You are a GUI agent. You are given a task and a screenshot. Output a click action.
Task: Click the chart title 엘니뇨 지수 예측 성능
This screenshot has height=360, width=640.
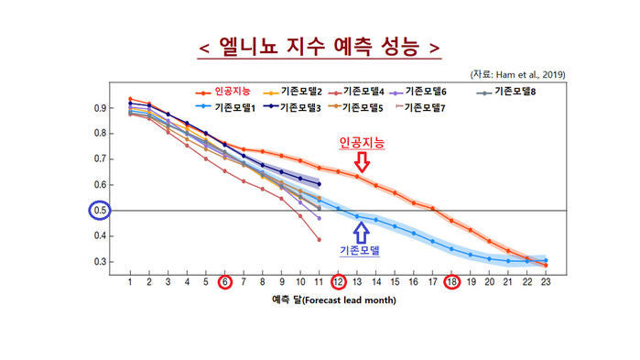(x=320, y=47)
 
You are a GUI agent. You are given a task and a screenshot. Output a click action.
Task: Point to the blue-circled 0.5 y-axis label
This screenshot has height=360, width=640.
(x=100, y=211)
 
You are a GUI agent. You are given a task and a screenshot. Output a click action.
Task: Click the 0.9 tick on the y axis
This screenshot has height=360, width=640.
(x=100, y=108)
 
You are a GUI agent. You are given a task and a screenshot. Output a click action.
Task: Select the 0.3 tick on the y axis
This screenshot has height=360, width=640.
(x=100, y=262)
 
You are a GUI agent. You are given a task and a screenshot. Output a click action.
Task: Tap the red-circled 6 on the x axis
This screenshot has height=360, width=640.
(x=224, y=281)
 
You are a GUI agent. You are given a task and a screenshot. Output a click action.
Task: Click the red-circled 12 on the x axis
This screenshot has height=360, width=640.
(x=338, y=281)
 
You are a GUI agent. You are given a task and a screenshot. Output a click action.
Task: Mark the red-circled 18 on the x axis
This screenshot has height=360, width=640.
(x=451, y=281)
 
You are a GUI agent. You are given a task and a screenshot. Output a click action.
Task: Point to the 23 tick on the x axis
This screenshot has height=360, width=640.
(x=546, y=281)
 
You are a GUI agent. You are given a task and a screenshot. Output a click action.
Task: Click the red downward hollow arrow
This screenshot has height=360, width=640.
(x=362, y=162)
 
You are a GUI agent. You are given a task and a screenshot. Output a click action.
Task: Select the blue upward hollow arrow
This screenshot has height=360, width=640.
(x=362, y=233)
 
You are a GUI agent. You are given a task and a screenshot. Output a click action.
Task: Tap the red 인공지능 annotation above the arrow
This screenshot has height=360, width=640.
(x=362, y=143)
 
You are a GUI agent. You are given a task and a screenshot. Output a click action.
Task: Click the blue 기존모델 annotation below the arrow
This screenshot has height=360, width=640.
(x=360, y=250)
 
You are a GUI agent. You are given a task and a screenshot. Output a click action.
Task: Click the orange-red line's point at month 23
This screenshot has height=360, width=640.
(x=546, y=266)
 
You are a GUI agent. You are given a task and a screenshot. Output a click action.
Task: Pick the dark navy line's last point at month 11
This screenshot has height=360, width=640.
(x=320, y=184)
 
